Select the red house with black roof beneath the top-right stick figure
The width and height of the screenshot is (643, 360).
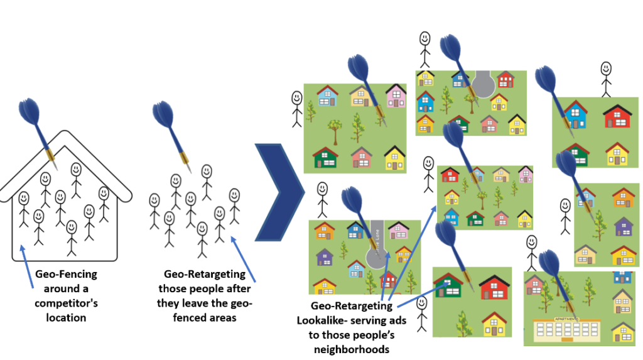click(x=617, y=117)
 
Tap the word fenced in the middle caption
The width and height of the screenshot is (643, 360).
click(x=190, y=318)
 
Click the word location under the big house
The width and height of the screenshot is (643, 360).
click(x=66, y=317)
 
